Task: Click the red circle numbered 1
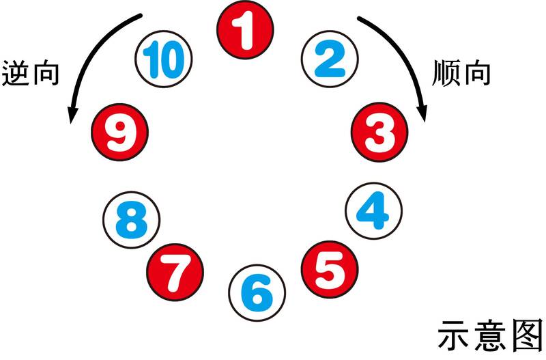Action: pos(245,29)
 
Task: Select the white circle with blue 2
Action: pos(330,59)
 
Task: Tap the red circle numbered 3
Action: pos(379,132)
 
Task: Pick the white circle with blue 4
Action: pos(373,211)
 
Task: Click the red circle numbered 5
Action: pos(330,269)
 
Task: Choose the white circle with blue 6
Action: pos(257,293)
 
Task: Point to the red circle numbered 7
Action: pos(175,272)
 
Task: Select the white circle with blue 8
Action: pos(131,220)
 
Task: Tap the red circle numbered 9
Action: pos(120,132)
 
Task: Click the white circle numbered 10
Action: pos(163,59)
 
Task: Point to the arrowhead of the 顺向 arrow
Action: pos(422,113)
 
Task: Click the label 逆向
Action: pos(30,74)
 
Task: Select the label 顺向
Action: pos(461,73)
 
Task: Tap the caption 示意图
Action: pos(490,335)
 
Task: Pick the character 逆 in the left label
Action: pos(15,74)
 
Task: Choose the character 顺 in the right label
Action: pos(446,73)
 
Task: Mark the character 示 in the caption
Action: pos(454,335)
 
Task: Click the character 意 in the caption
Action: pos(490,335)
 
